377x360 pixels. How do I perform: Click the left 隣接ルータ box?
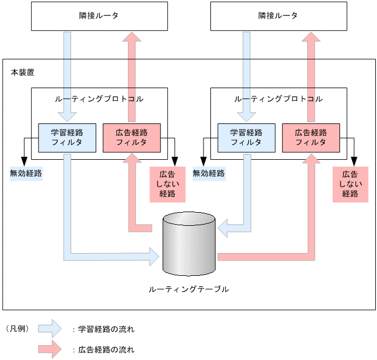click(99, 16)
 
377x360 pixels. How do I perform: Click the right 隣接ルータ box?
click(278, 16)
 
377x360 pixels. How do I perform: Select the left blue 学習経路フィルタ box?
click(67, 138)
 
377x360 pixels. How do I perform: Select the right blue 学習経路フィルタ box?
click(246, 138)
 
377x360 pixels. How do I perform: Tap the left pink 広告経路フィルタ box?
click(131, 138)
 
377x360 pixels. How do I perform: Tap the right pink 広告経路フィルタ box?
click(310, 138)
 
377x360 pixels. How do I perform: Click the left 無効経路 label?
click(26, 173)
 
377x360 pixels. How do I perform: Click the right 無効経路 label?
click(209, 173)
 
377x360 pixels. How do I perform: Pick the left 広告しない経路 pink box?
click(167, 184)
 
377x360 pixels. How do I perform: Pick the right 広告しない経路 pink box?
click(350, 184)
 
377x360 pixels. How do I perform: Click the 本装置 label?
click(22, 72)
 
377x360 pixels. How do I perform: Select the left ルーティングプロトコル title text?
click(99, 98)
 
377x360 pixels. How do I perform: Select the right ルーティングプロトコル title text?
click(278, 98)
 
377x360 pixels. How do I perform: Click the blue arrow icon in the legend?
click(49, 328)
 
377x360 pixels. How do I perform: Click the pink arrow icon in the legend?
click(49, 349)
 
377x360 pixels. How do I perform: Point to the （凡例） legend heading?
click(17, 328)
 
